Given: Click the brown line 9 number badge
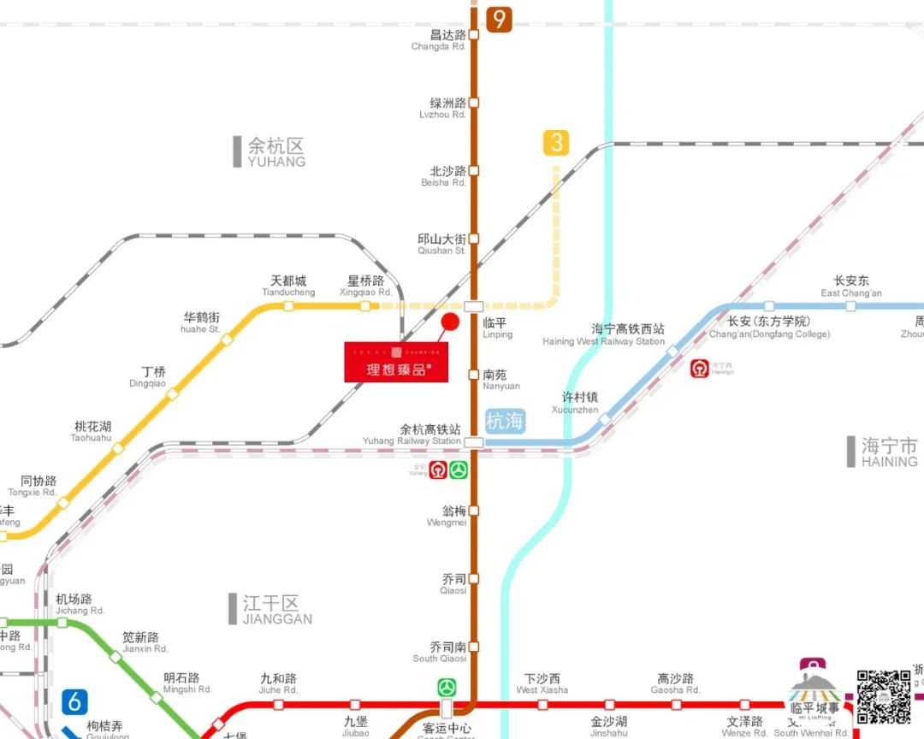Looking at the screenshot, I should click(497, 19).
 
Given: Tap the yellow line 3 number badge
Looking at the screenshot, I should click(556, 143).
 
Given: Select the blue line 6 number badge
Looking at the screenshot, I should click(74, 701).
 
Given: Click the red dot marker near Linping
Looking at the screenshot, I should click(449, 322).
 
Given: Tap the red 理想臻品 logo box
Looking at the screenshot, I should click(396, 362).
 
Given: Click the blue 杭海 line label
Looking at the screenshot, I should click(505, 421).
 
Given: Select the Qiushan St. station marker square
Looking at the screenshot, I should click(474, 239).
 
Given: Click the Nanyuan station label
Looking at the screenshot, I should click(500, 380).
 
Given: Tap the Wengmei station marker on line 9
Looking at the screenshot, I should click(474, 511).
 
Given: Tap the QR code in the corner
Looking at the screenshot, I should click(883, 696).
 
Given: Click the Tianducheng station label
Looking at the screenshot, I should click(288, 286).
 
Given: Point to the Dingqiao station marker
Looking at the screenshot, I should click(173, 394).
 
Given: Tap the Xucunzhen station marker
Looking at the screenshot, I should click(605, 419).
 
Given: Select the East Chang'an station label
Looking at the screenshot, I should click(850, 287).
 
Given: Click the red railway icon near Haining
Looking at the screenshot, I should click(700, 369).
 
